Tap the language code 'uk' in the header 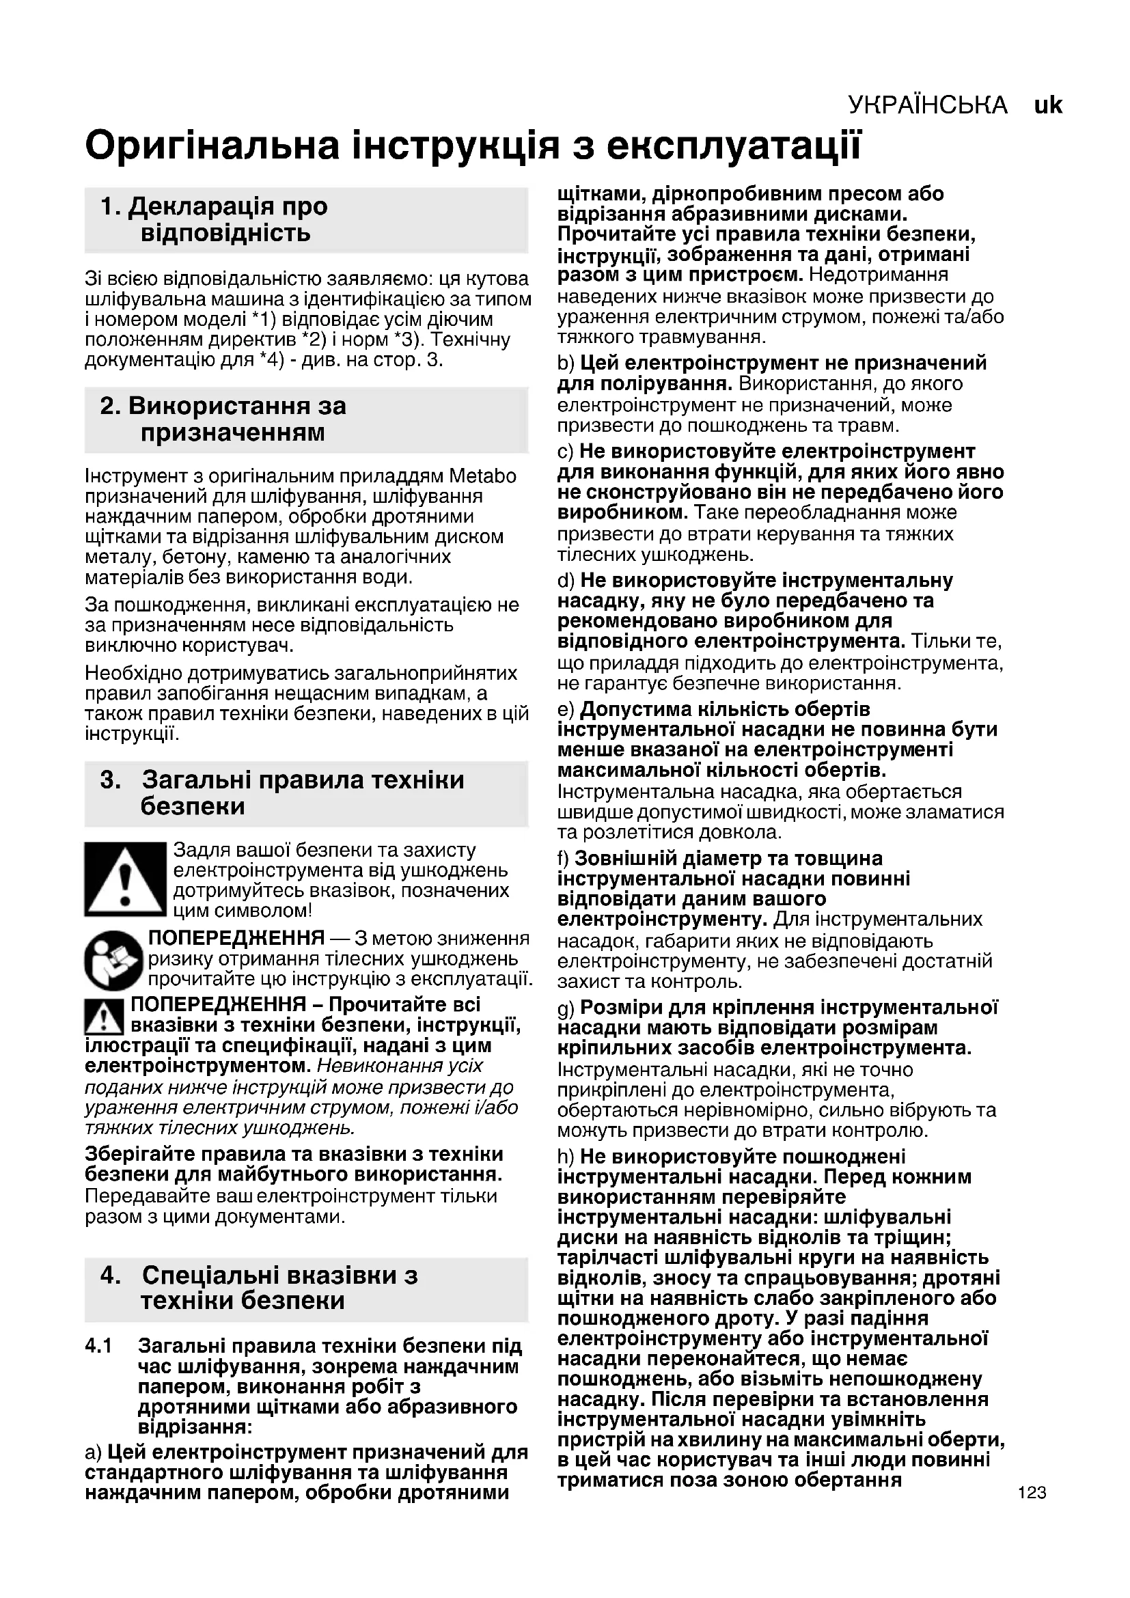point(1048,105)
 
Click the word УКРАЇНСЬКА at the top point(928,105)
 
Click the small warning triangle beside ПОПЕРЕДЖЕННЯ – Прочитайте point(104,1017)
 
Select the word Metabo point(482,476)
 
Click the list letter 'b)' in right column point(566,363)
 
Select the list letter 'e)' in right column point(566,709)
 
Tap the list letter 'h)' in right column point(566,1157)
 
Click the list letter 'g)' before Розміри point(566,1008)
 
